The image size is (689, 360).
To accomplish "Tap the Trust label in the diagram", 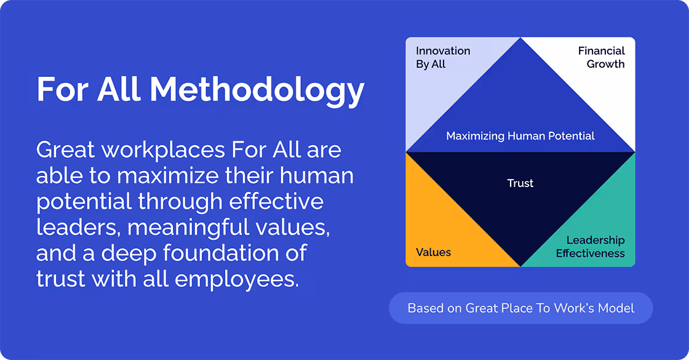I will pos(520,183).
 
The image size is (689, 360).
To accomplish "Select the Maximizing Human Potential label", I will pos(520,136).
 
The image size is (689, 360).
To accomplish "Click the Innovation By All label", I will pos(443,57).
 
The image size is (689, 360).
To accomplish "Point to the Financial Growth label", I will pos(601,57).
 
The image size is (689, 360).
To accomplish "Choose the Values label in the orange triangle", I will pos(433,252).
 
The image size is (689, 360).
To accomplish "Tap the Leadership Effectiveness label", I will pos(590,247).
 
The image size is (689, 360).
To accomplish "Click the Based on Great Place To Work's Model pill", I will pos(520,308).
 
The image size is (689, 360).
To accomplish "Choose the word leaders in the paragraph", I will pos(78,228).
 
